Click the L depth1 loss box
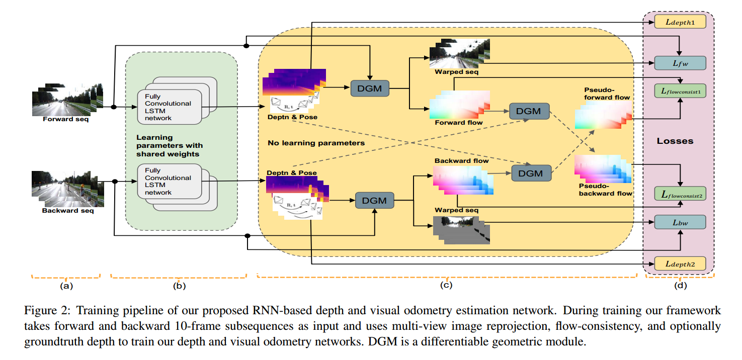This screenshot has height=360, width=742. (x=680, y=22)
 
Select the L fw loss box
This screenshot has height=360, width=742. (x=680, y=63)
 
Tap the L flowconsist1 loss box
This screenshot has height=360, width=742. (x=680, y=91)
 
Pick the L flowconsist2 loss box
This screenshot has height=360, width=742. (x=680, y=193)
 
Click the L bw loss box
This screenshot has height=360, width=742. (x=680, y=222)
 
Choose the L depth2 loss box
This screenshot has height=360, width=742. (x=680, y=263)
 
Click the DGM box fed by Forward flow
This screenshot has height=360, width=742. (x=529, y=111)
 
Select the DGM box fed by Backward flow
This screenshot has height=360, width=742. (x=531, y=173)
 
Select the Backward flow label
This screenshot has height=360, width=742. (x=462, y=161)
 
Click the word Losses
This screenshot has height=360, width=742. (x=675, y=141)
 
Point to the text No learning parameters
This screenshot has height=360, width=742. (x=316, y=143)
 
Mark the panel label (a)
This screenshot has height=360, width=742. (x=66, y=286)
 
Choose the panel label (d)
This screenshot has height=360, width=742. (x=680, y=286)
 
